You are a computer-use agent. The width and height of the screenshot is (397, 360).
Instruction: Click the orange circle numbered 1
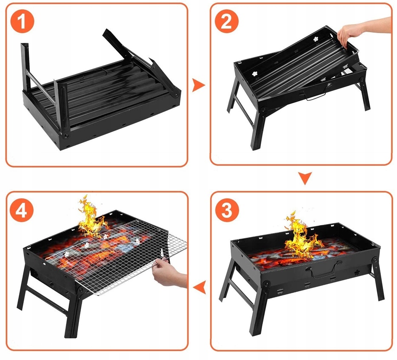(22, 21)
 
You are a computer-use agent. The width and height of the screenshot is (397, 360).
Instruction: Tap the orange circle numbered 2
(227, 21)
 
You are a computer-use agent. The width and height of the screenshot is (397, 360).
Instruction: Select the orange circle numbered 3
(227, 210)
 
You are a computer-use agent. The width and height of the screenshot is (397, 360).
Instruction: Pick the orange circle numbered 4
(22, 210)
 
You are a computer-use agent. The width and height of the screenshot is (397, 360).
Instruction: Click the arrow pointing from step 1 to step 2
(198, 85)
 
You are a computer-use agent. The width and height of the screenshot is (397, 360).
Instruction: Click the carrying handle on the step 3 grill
(321, 271)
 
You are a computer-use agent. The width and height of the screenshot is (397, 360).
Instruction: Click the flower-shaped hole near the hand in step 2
(316, 39)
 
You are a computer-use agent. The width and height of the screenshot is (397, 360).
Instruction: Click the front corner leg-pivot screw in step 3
(266, 284)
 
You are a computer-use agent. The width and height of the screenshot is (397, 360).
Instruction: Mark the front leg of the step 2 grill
(257, 129)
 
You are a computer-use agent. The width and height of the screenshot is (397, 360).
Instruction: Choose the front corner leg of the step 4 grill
(74, 314)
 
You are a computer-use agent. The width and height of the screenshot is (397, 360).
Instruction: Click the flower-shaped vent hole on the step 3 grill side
(357, 272)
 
